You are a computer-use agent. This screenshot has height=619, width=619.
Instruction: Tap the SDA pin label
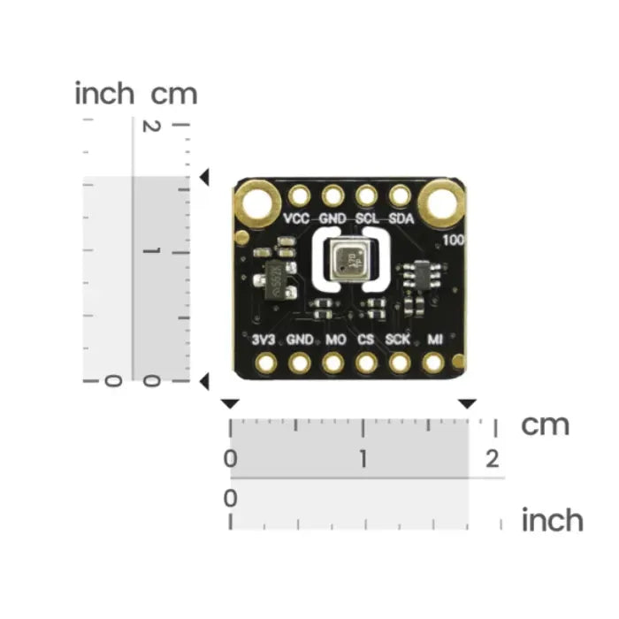(x=401, y=218)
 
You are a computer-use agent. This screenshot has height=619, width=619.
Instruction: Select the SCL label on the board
(x=367, y=218)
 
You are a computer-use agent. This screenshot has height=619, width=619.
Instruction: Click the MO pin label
(x=334, y=339)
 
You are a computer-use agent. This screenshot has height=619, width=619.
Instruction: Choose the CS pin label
(x=366, y=339)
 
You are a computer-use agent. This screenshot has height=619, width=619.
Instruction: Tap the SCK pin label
(x=398, y=339)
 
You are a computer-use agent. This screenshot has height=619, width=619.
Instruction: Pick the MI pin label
(x=434, y=339)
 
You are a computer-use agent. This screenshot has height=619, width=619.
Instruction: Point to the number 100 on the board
(x=454, y=240)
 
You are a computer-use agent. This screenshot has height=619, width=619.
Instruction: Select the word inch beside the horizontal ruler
(x=552, y=519)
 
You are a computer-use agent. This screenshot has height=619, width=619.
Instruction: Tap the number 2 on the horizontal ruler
(x=492, y=459)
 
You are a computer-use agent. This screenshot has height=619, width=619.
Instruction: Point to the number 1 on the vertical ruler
(x=151, y=253)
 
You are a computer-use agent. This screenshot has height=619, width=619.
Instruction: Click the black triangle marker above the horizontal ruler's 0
(x=230, y=403)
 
